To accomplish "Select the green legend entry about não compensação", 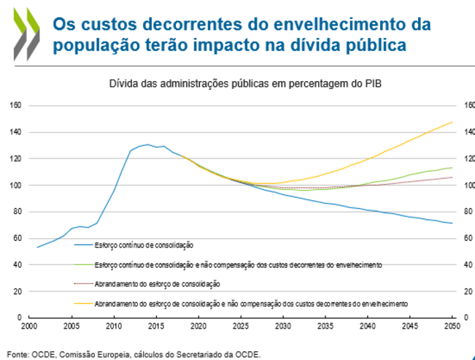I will pos(238,264).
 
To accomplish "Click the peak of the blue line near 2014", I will pos(147,145).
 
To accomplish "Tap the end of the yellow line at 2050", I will pos(452,122).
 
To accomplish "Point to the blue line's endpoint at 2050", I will pos(452,223).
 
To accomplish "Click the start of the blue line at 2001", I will pos(38,248).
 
